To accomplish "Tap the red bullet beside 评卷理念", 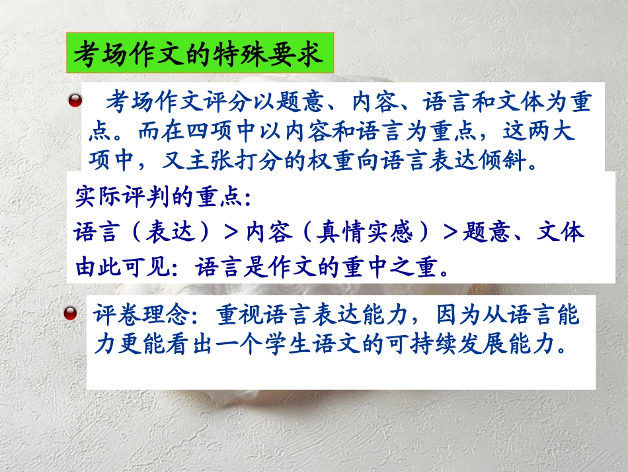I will pyautogui.click(x=75, y=314).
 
